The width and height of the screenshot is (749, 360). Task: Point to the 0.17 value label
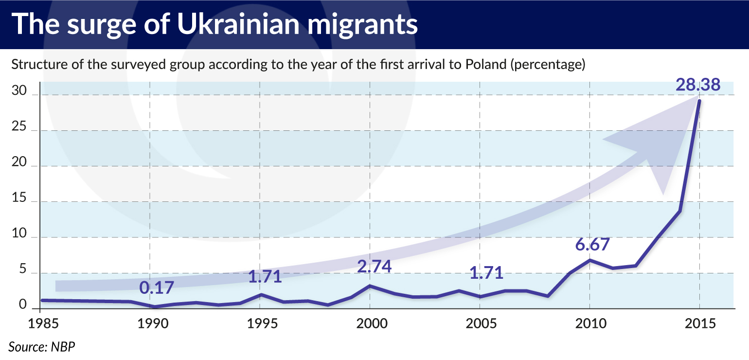pyautogui.click(x=156, y=288)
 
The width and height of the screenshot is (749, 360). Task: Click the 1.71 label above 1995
pyautogui.click(x=265, y=276)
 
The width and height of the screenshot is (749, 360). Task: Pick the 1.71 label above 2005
pyautogui.click(x=486, y=273)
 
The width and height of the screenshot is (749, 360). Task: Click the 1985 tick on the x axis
pyautogui.click(x=40, y=324)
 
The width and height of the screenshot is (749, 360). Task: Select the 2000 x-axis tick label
pyautogui.click(x=370, y=324)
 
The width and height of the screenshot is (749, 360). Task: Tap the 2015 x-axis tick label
pyautogui.click(x=699, y=324)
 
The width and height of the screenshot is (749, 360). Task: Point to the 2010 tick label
pyautogui.click(x=589, y=324)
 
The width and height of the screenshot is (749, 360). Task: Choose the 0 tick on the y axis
pyautogui.click(x=23, y=305)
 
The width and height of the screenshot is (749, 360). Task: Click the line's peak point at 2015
pyautogui.click(x=699, y=101)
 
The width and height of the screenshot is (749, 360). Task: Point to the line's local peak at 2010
pyautogui.click(x=589, y=260)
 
